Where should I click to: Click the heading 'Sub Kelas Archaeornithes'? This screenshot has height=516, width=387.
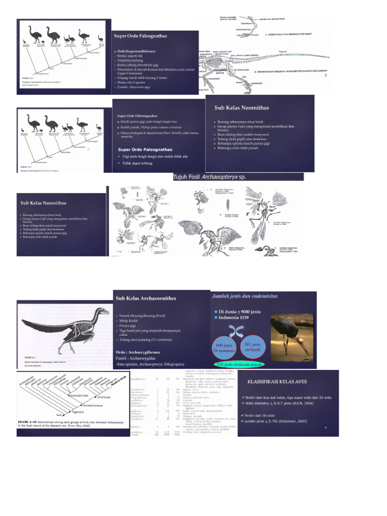146,298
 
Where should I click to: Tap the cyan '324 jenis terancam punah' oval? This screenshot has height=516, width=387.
239,364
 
